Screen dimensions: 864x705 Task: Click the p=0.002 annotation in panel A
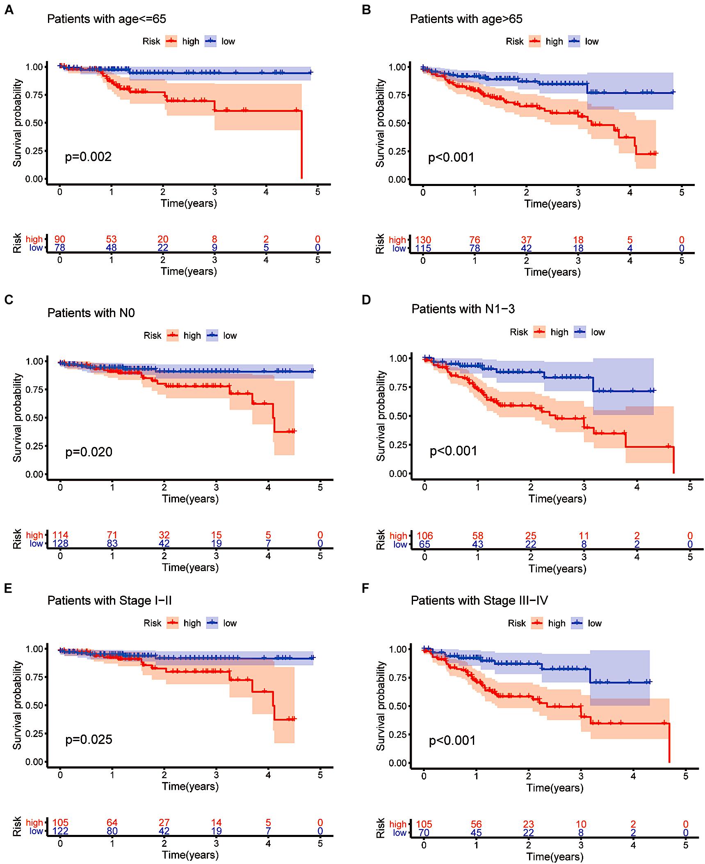click(88, 157)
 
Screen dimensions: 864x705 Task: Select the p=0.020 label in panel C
click(89, 452)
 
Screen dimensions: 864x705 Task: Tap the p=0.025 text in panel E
click(89, 739)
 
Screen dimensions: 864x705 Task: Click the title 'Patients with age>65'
click(466, 19)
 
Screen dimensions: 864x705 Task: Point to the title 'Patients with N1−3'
click(463, 309)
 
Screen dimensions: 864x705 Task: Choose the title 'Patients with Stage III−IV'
click(479, 601)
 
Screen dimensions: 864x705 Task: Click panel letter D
click(366, 300)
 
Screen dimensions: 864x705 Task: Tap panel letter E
click(8, 588)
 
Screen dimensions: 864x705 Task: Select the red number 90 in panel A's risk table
click(60, 239)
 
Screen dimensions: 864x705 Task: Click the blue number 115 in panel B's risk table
click(423, 248)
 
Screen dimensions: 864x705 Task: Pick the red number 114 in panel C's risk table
click(60, 535)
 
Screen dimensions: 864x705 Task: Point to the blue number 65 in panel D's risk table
click(424, 544)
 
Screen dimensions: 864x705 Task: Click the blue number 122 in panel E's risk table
click(60, 831)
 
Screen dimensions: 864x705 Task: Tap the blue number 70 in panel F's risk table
click(424, 832)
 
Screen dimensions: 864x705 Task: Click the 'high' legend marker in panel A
click(171, 41)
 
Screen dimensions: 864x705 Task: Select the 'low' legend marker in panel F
click(577, 623)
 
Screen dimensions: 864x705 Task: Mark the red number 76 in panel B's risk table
click(475, 240)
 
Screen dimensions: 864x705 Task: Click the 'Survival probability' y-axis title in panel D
click(381, 416)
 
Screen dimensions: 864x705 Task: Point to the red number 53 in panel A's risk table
click(111, 239)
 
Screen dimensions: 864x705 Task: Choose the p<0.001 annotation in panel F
click(452, 741)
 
